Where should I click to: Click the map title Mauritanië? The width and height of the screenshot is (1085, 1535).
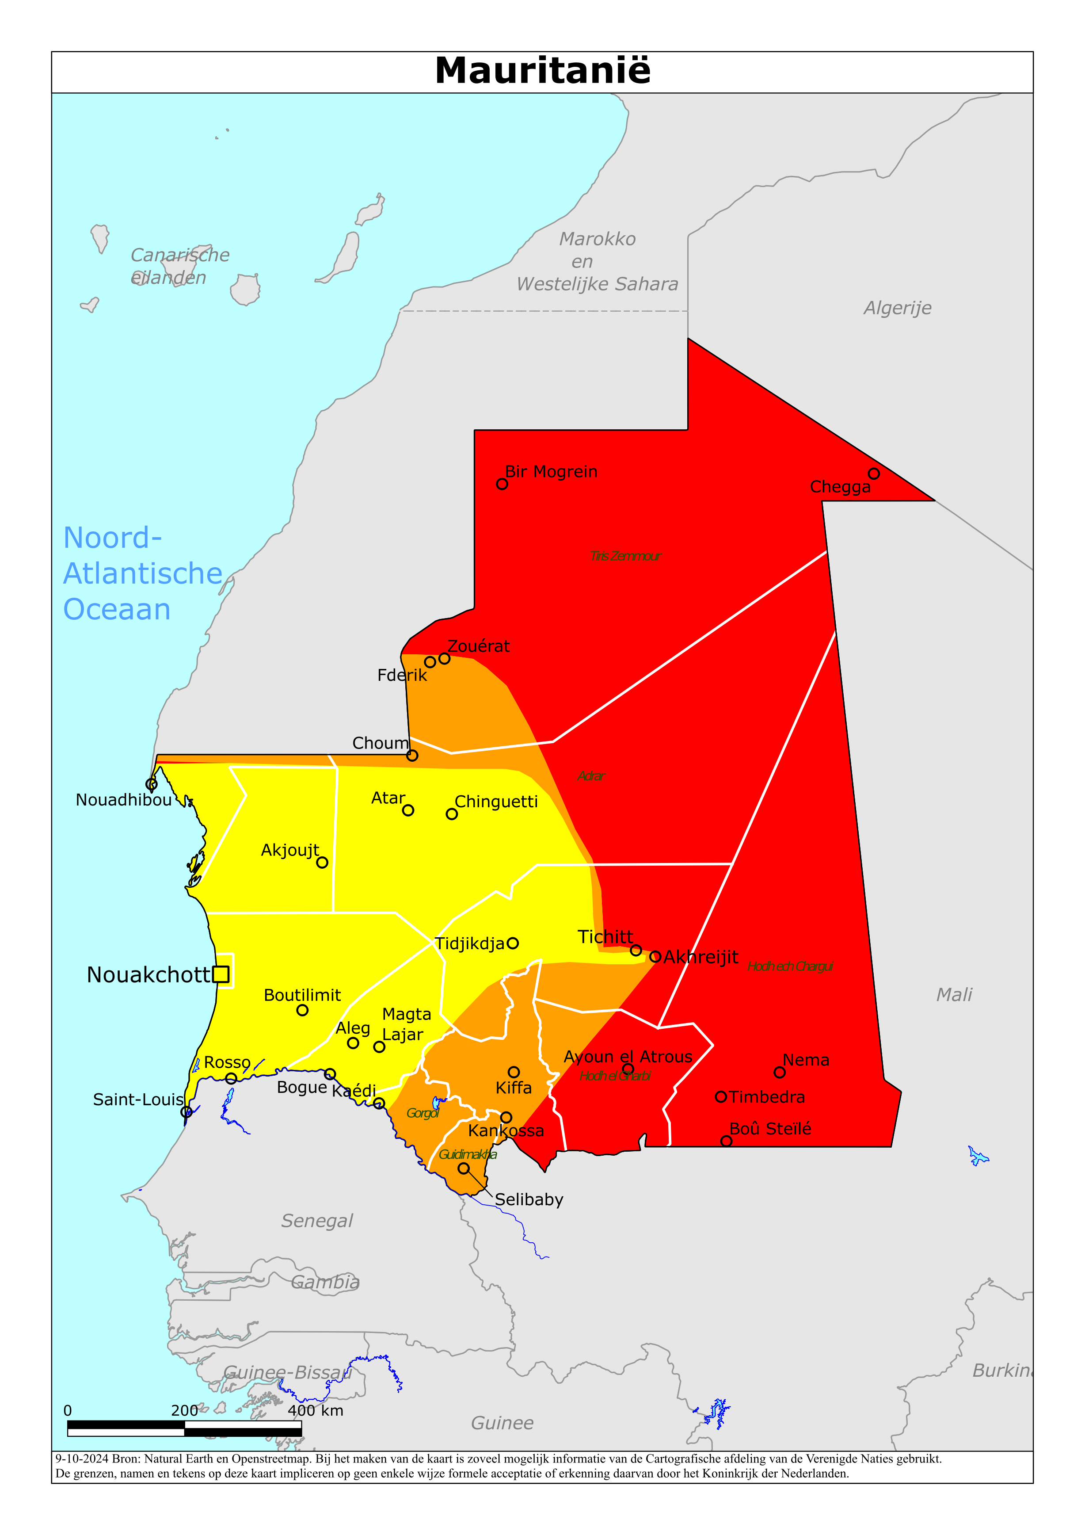(x=542, y=71)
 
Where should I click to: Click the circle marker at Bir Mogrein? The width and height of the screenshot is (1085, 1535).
(x=502, y=484)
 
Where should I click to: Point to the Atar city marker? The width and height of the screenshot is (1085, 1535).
(x=408, y=810)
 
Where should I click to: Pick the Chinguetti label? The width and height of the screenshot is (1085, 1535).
(x=496, y=802)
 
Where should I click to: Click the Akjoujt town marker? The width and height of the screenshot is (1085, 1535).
(x=322, y=863)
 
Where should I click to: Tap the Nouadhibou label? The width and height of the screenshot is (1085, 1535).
(x=124, y=800)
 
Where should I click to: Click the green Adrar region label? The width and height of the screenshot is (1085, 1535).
(x=591, y=776)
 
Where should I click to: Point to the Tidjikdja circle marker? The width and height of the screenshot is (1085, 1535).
(x=513, y=943)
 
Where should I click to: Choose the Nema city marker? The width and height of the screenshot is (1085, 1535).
(x=780, y=1073)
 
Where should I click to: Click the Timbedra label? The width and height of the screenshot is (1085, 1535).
(x=767, y=1097)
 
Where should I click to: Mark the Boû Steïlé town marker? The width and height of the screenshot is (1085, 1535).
(x=726, y=1141)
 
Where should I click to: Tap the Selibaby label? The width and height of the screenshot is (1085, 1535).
(x=529, y=1199)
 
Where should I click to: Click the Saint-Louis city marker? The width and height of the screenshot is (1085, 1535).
(x=187, y=1112)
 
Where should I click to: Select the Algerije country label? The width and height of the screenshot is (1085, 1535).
(x=897, y=308)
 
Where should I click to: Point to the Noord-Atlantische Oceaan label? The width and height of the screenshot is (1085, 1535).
(x=142, y=573)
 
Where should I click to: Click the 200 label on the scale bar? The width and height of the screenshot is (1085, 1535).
(x=184, y=1411)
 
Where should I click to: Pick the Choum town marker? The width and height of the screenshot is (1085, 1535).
(x=412, y=756)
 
